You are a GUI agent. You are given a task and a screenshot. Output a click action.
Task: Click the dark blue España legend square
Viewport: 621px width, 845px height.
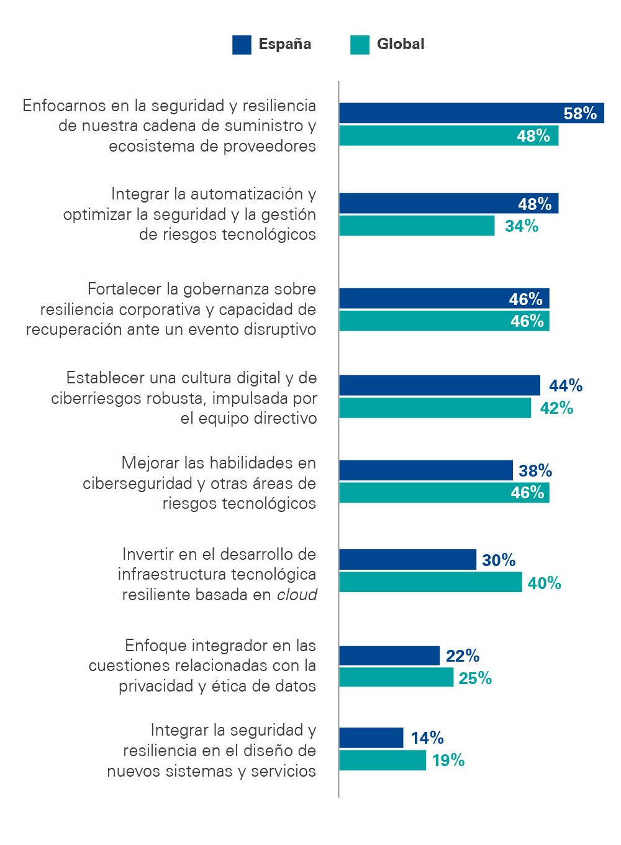point(242,45)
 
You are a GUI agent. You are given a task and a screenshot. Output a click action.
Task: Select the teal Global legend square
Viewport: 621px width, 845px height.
point(360,45)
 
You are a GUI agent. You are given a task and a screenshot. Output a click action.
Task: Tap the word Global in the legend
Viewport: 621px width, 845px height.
point(401,44)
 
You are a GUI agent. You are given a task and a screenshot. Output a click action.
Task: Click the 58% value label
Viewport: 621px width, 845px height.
point(580,113)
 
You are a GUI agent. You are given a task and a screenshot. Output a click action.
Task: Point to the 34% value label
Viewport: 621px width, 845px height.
point(522,226)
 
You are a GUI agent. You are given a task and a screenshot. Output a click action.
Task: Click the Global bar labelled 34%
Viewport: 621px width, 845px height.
point(417,226)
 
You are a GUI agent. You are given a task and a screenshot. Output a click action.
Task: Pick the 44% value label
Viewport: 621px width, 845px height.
point(566,386)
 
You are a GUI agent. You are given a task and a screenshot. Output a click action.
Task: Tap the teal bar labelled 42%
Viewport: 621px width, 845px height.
point(435,408)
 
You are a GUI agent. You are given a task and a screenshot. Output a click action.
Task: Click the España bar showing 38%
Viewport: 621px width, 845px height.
point(426,470)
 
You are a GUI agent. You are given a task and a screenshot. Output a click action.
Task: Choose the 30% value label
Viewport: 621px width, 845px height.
point(499,560)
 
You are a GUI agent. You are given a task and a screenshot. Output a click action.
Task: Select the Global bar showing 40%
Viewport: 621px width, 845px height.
point(430,582)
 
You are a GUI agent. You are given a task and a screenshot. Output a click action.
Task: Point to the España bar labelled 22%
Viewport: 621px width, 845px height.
point(389,655)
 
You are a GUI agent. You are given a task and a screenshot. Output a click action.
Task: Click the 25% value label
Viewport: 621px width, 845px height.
point(475,678)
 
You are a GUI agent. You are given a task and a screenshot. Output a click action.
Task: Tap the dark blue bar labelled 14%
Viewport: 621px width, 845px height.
point(371,738)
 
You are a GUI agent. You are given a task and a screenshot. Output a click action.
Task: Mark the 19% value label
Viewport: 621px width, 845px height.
point(448,760)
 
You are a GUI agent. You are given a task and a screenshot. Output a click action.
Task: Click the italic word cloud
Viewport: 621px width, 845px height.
point(297,595)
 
